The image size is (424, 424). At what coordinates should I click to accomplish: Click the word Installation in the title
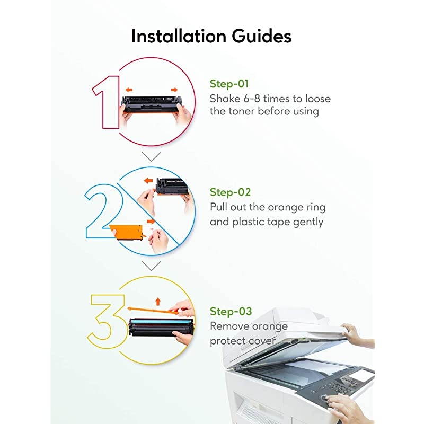tap(179, 36)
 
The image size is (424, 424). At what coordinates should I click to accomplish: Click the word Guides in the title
tap(261, 36)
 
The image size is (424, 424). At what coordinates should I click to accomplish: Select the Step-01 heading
tap(229, 84)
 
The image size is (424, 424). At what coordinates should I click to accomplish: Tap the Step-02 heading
tap(231, 192)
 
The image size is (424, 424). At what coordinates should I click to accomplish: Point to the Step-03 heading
tap(231, 312)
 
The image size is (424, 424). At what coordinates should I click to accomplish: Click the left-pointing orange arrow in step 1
tap(129, 90)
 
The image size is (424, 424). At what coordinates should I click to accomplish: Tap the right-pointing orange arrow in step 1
tap(174, 90)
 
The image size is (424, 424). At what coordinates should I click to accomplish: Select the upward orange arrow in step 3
tap(158, 302)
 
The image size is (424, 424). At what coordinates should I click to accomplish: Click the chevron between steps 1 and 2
tap(151, 156)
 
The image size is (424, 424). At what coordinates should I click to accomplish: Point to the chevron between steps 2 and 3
tap(151, 266)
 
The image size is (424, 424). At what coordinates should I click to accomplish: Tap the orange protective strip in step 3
tap(153, 311)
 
